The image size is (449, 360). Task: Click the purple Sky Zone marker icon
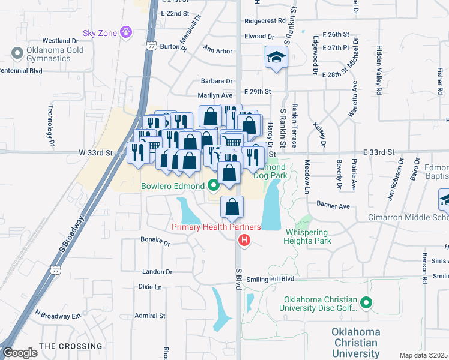coord(125,31)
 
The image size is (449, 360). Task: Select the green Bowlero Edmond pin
coord(213,185)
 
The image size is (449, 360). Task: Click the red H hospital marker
coord(244,241)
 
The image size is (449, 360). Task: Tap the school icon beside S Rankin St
coord(276,58)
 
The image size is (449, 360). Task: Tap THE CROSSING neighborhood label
coord(71,346)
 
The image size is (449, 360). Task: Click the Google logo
coord(19,353)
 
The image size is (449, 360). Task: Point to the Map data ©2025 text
coord(423,355)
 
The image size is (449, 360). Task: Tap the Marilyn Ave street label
coord(215,95)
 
